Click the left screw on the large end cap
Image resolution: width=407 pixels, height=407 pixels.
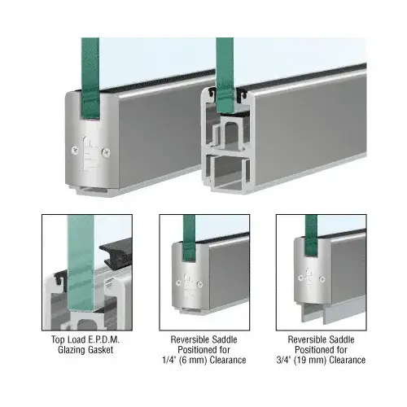click(x=75, y=150)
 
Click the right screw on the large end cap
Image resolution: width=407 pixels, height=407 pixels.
click(x=106, y=153)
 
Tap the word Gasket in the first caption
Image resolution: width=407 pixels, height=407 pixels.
click(x=99, y=350)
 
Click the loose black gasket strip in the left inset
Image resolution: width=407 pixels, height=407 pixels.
click(x=116, y=255)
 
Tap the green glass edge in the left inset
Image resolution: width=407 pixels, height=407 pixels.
click(x=81, y=263)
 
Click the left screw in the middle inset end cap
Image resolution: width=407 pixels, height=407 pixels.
click(x=178, y=282)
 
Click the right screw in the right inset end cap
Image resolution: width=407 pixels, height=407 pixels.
click(x=322, y=278)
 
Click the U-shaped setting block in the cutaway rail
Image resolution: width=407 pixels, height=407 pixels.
click(x=230, y=133)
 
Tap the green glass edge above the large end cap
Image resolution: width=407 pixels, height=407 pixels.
click(x=90, y=78)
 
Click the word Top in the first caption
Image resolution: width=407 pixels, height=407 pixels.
click(x=57, y=339)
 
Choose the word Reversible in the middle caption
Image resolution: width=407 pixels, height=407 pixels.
click(x=187, y=339)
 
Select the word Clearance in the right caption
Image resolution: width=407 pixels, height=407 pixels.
click(x=348, y=360)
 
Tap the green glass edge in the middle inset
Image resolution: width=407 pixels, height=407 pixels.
click(x=189, y=239)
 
